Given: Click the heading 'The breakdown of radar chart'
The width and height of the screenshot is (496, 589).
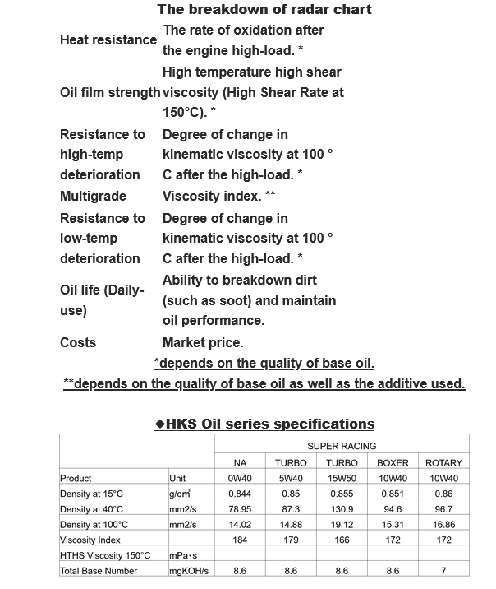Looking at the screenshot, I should [x=264, y=10].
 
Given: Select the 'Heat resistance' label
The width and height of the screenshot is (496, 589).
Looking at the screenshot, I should [x=108, y=39].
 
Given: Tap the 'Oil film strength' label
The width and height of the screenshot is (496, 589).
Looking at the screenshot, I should [x=110, y=92].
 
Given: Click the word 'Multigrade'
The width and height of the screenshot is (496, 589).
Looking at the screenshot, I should [x=93, y=197].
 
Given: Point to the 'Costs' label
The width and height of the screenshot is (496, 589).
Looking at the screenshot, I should [x=78, y=342].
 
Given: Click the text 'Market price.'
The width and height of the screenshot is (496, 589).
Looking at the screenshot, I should [x=203, y=342].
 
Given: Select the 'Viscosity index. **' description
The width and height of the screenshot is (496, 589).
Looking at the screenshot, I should [x=218, y=197].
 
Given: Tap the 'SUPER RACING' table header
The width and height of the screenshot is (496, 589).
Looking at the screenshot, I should [x=342, y=446].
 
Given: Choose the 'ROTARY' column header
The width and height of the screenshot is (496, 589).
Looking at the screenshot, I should [x=444, y=462].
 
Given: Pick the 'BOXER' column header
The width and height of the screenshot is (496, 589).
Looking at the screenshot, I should [x=393, y=462].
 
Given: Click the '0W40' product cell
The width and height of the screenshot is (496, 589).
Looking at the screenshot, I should [x=240, y=478].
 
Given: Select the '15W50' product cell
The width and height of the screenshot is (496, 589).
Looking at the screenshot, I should [x=342, y=478].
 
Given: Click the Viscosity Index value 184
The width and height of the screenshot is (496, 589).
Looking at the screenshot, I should [x=240, y=540].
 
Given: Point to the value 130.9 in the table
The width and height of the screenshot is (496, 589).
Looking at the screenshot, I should [x=342, y=509].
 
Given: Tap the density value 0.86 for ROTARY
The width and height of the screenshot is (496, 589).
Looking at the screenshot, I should [x=444, y=494].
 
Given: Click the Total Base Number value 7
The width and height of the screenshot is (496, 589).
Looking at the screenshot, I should [x=444, y=570].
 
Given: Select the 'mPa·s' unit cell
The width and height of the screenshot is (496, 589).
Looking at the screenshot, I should [x=184, y=555].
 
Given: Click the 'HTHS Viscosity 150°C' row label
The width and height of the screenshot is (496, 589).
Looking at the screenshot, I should [x=105, y=555].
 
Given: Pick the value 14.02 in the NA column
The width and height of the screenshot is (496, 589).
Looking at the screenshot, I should [x=240, y=524].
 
